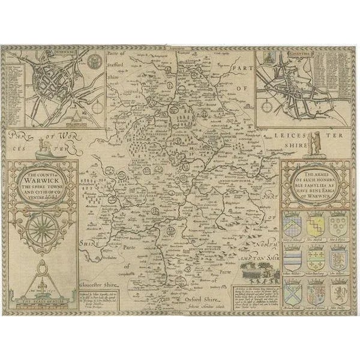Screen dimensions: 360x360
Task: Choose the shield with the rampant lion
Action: point(338,292)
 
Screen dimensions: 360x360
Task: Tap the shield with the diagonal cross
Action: point(292,293)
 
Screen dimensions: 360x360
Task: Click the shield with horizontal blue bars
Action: point(292,259)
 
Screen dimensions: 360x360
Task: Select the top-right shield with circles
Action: point(338,226)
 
